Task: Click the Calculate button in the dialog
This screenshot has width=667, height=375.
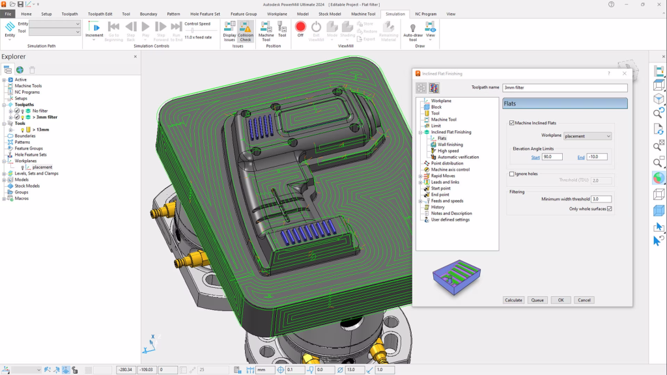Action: click(514, 300)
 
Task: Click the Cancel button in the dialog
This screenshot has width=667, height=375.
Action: click(584, 300)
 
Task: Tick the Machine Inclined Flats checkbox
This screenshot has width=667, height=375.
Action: click(511, 123)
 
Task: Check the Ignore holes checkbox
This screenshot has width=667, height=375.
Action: click(511, 174)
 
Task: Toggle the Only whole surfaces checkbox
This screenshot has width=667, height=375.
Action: click(610, 209)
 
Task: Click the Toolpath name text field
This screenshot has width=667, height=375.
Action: click(565, 87)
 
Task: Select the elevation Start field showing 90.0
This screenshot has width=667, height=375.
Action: click(552, 157)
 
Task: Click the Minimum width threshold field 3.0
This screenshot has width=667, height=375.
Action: click(601, 199)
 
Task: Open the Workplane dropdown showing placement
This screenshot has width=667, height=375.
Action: click(588, 136)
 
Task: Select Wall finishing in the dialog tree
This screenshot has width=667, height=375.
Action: click(450, 145)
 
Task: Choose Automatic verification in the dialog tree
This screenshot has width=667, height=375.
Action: click(458, 157)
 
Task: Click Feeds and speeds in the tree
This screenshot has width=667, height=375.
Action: click(447, 201)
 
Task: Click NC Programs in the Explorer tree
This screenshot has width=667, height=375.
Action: click(27, 92)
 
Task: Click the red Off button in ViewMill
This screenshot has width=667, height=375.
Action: click(300, 28)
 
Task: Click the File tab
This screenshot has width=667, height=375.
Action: click(9, 14)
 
